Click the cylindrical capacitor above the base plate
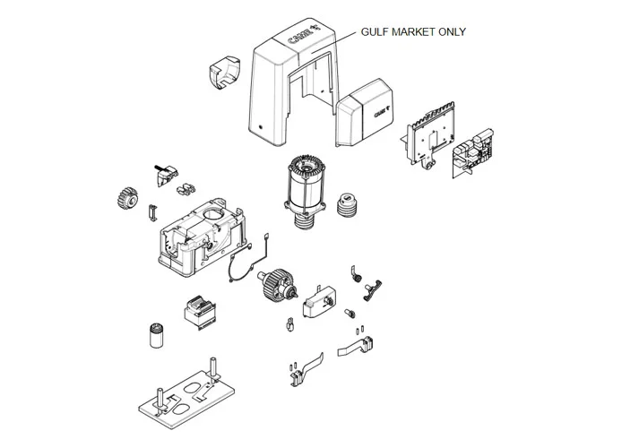coord(155,334)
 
